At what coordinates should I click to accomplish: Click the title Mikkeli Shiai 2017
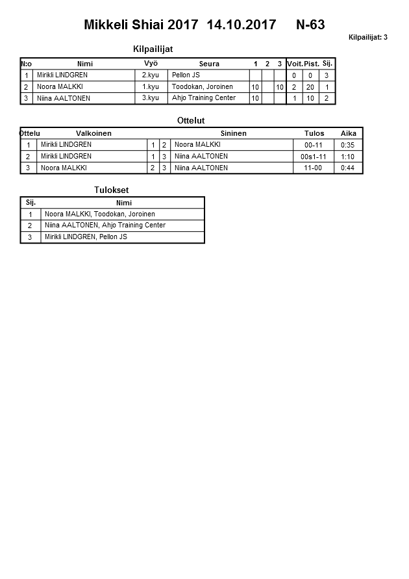click(141, 25)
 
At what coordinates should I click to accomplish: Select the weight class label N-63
click(310, 25)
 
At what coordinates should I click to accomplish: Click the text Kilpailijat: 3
click(367, 38)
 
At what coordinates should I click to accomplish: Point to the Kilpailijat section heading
click(153, 49)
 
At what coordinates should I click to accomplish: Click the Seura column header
click(209, 64)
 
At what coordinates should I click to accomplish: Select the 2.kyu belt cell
click(151, 75)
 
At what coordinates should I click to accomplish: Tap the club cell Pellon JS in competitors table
click(186, 75)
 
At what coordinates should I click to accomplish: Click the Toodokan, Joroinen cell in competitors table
click(202, 87)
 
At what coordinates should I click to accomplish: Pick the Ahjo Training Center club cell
click(203, 98)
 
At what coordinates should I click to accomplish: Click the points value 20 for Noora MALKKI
click(310, 87)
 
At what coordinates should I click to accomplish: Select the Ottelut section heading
click(191, 121)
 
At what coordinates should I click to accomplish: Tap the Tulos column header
click(314, 133)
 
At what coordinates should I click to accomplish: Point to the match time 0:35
click(348, 145)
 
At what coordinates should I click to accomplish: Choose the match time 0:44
click(348, 168)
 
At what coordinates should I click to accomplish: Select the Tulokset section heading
click(113, 190)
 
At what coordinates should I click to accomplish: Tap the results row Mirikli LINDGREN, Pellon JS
click(86, 237)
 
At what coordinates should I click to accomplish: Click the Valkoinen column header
click(93, 133)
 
